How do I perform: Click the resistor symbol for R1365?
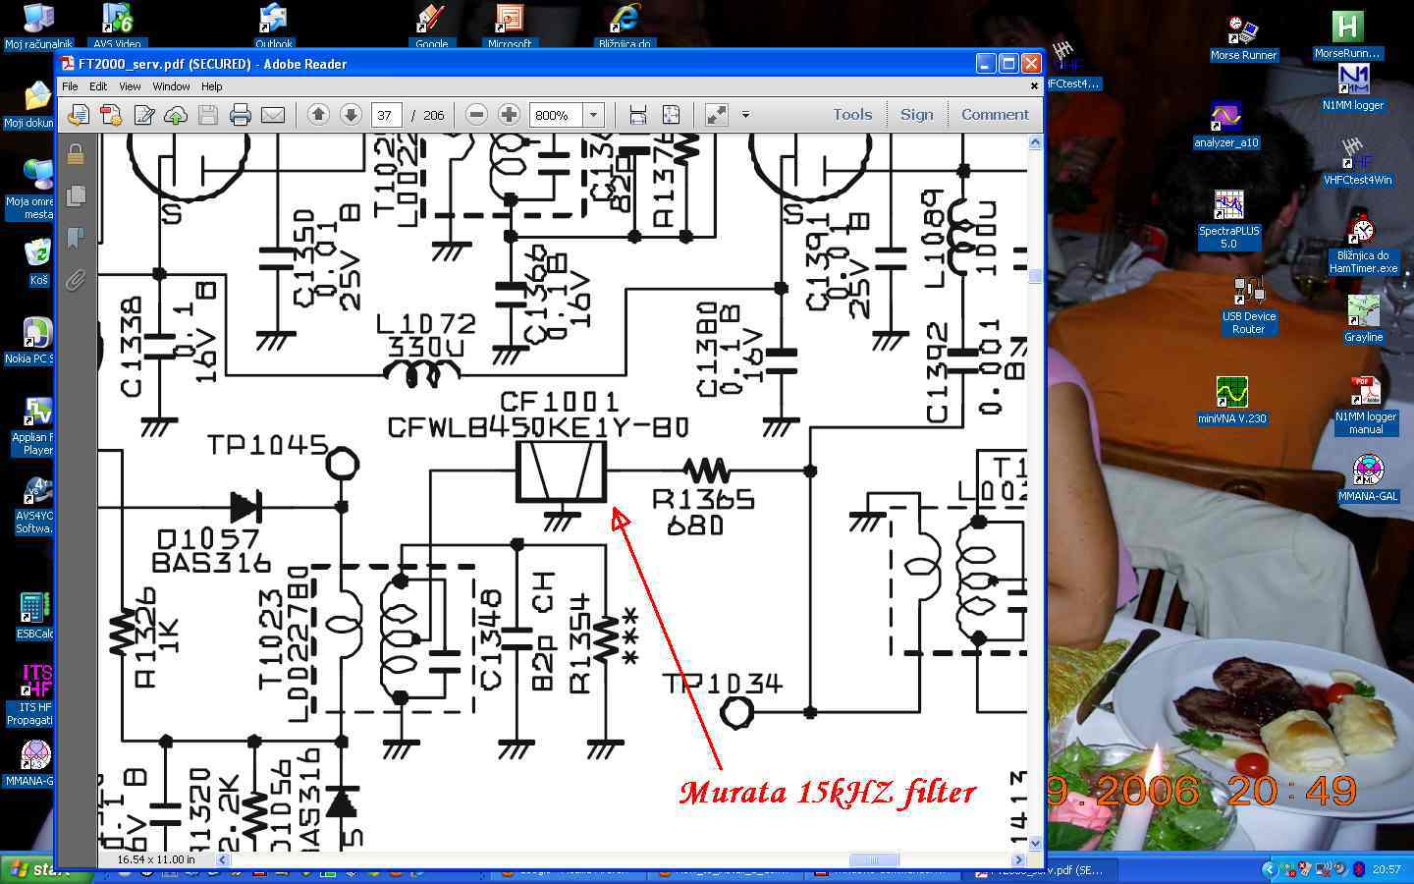(x=705, y=470)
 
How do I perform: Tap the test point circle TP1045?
(x=342, y=463)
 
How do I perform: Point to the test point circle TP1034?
(x=736, y=711)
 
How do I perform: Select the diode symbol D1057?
(x=245, y=507)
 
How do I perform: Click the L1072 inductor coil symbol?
(x=421, y=371)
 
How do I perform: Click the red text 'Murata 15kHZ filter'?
(x=827, y=793)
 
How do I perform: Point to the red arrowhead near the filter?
(x=620, y=518)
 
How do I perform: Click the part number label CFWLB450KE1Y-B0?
(x=538, y=428)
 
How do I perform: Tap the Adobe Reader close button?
(x=1030, y=64)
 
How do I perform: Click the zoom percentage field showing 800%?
(x=555, y=115)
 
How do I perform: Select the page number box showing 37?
(x=385, y=115)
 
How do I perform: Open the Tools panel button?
(x=852, y=115)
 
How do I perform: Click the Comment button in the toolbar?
(x=995, y=115)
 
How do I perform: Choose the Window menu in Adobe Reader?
(x=171, y=86)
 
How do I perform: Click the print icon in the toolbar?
(x=241, y=115)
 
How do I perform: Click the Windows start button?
(x=44, y=869)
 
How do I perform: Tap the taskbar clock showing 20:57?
(x=1387, y=869)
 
